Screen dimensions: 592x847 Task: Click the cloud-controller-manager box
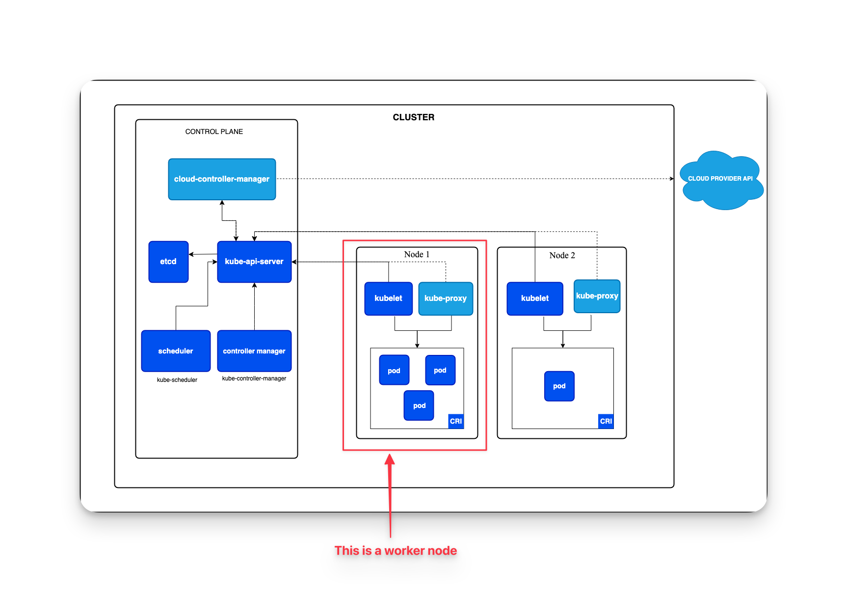[x=222, y=179]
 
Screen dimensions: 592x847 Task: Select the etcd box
[x=168, y=262]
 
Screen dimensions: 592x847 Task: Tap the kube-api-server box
[x=254, y=262]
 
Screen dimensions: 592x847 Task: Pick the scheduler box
[x=176, y=351]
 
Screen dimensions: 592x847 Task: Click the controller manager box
[x=254, y=351]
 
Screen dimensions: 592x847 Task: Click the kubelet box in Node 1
[x=388, y=298]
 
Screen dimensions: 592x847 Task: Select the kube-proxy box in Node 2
[x=597, y=296]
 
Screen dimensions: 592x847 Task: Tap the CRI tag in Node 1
[x=456, y=421]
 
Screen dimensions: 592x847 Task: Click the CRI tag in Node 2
[x=606, y=421]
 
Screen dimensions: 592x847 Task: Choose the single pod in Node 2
[x=559, y=386]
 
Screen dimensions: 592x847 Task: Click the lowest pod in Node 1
[x=419, y=405]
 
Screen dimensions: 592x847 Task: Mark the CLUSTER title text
[x=413, y=117]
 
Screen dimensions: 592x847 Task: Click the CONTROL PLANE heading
[x=214, y=132]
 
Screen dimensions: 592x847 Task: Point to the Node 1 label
[x=417, y=254]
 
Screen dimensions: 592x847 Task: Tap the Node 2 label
[x=562, y=255]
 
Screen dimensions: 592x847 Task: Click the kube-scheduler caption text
[x=177, y=380]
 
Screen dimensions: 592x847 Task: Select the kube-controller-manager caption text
[x=254, y=378]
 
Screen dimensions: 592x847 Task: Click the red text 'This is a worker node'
[x=396, y=551]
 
